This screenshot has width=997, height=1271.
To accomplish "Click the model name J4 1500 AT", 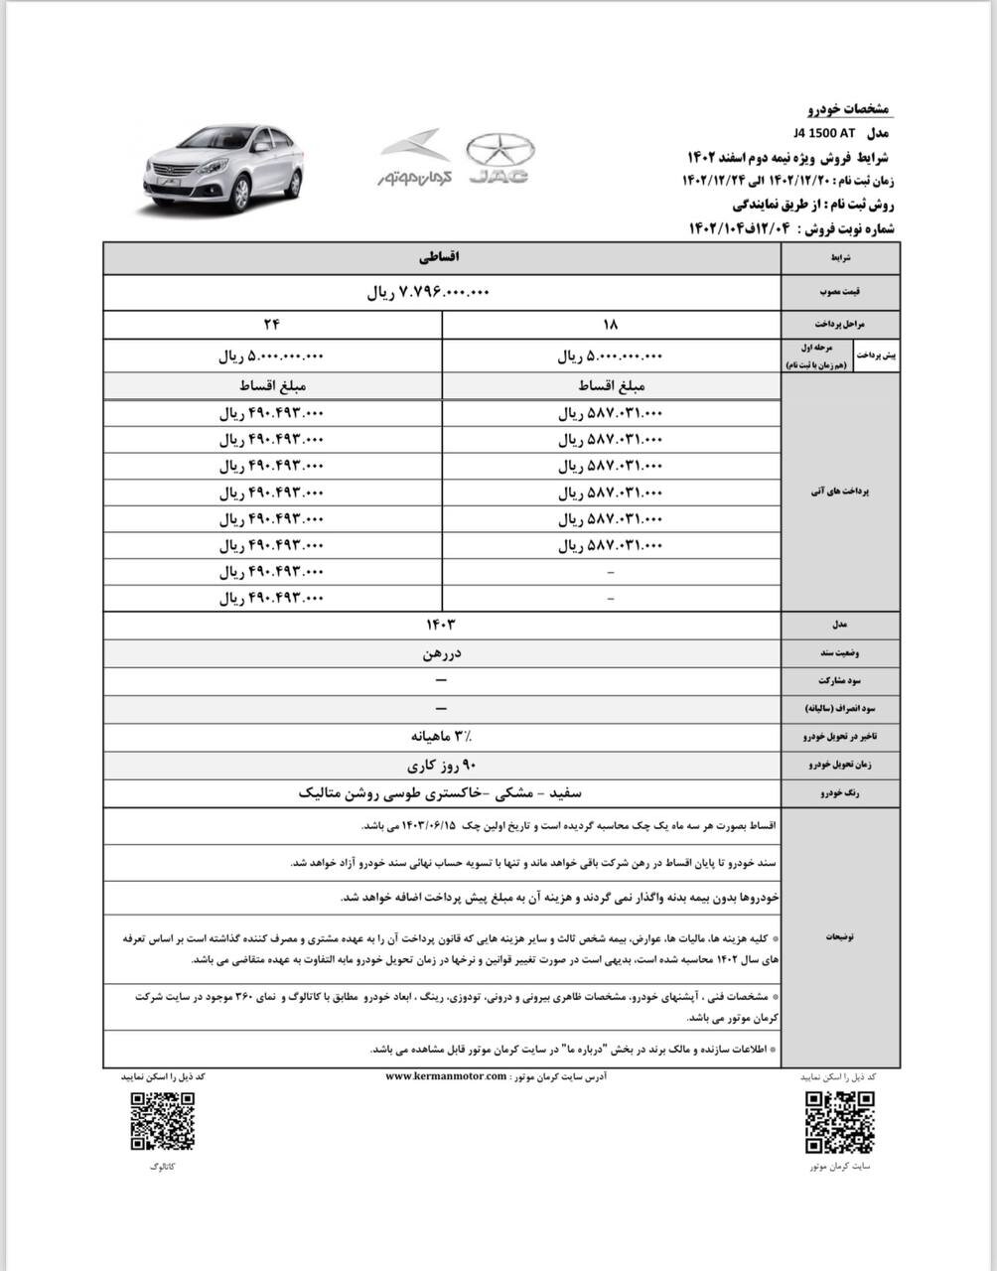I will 824,133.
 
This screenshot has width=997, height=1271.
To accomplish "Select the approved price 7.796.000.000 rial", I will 429,293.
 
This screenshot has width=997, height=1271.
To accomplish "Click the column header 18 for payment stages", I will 610,325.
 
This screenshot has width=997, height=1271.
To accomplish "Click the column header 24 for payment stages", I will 272,325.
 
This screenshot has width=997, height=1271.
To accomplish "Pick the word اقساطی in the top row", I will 442,257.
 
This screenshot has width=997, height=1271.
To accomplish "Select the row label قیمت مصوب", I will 840,294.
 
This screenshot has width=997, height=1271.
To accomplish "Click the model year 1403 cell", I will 442,625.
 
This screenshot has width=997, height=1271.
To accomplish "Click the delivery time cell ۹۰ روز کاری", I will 442,766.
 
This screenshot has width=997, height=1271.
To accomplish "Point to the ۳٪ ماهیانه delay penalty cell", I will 442,738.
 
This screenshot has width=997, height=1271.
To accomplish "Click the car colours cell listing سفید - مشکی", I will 442,793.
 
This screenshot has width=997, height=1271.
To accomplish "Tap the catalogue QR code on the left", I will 162,1120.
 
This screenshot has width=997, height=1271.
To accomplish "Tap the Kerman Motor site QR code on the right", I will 839,1120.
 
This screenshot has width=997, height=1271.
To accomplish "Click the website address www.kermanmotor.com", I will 445,1076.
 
